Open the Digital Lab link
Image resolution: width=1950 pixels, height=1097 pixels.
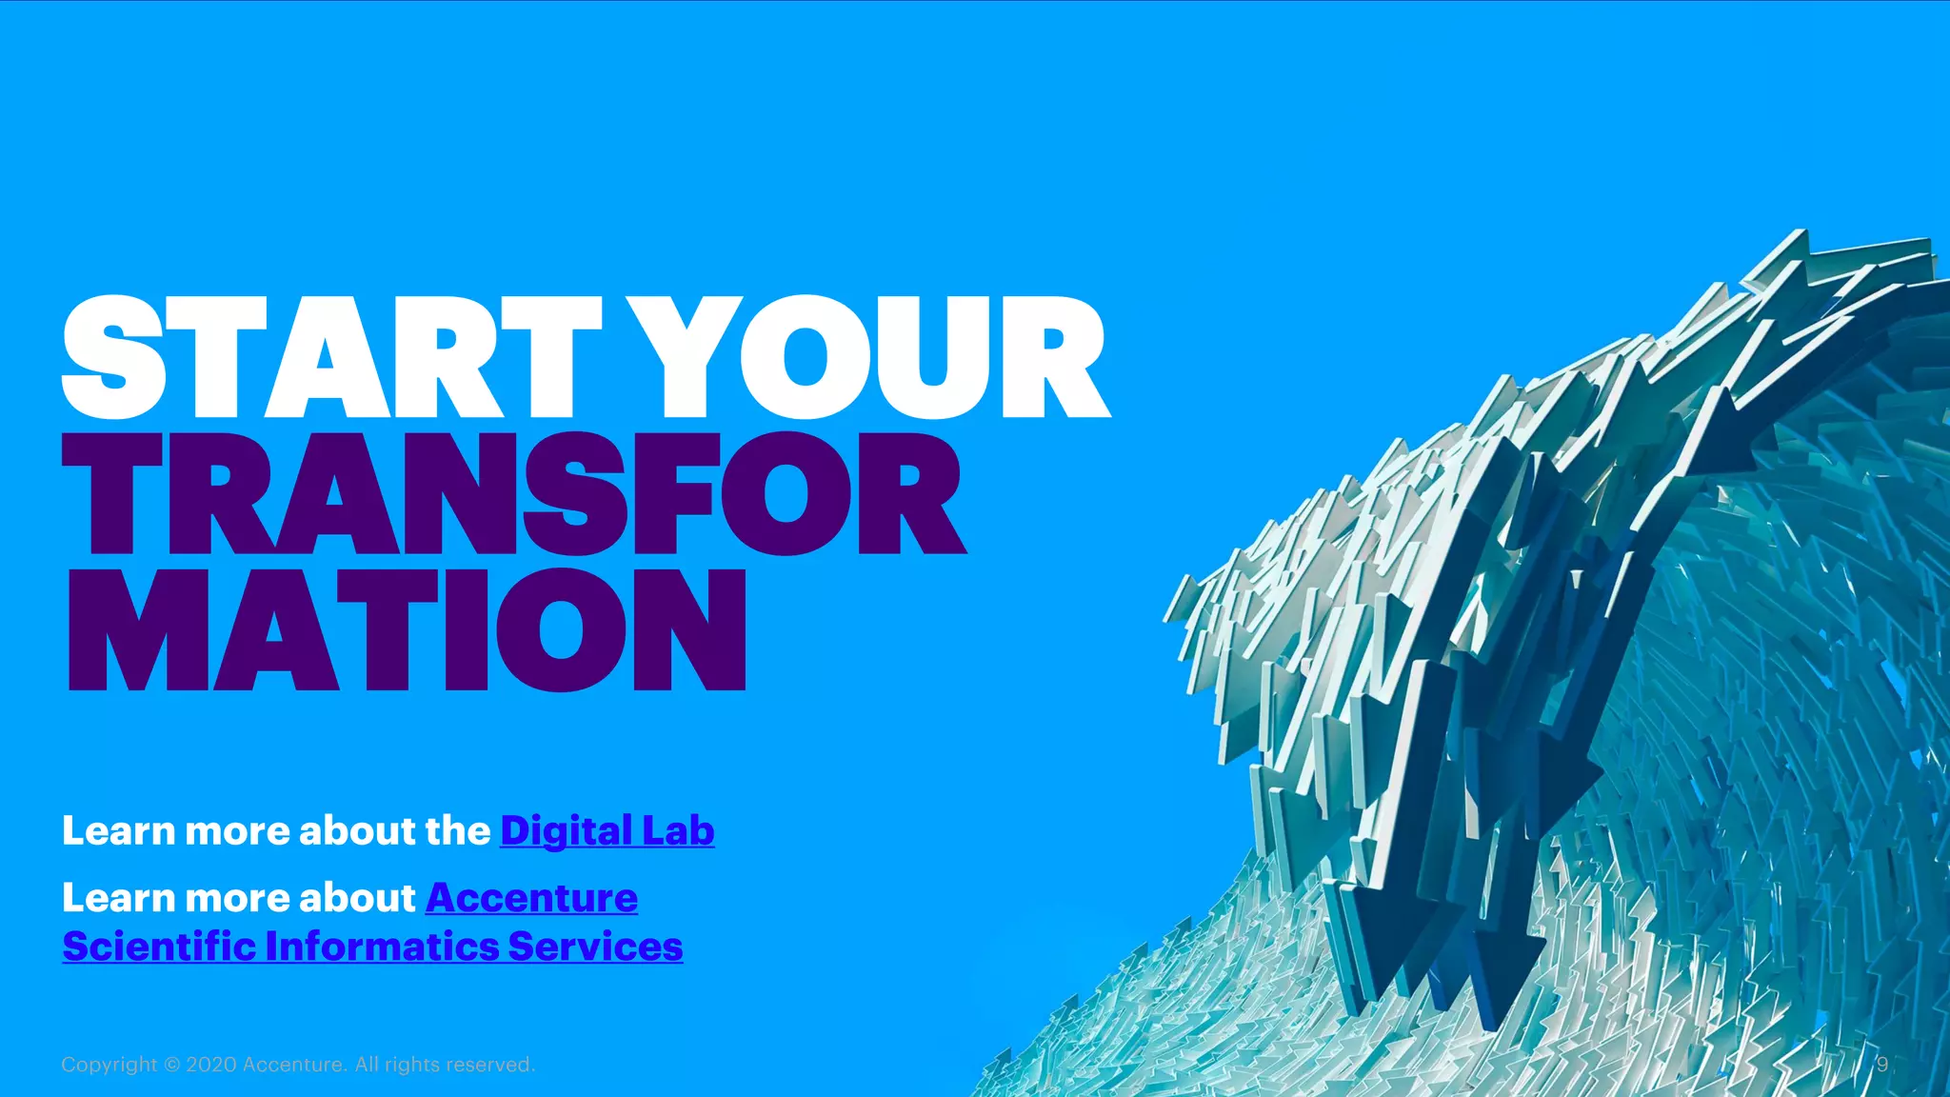click(607, 830)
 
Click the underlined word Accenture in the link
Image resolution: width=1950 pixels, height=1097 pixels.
click(531, 898)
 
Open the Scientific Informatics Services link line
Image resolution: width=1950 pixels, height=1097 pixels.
click(372, 947)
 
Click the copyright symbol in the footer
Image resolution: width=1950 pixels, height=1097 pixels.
click(171, 1065)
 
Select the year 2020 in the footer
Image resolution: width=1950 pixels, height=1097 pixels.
click(211, 1065)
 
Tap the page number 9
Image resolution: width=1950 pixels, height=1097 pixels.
click(1881, 1065)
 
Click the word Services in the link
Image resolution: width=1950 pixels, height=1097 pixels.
click(595, 947)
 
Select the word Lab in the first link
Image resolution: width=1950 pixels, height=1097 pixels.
click(678, 830)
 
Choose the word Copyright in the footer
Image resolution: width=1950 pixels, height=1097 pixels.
click(109, 1065)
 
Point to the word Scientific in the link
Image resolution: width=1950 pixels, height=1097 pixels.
click(159, 947)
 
